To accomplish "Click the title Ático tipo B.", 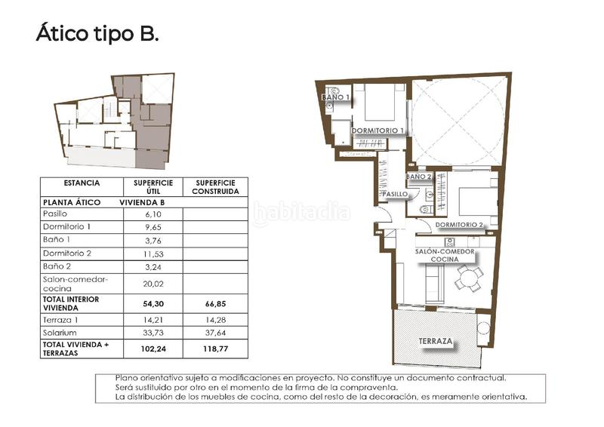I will tap(97, 35).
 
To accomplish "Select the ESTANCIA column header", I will tap(81, 183).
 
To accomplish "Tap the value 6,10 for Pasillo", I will tap(153, 214).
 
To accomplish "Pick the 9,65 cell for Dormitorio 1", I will tap(153, 226).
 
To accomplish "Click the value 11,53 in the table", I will tap(153, 253).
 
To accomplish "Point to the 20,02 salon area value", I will tap(153, 284).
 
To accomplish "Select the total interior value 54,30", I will tap(153, 303).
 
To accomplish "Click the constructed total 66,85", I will tap(214, 303).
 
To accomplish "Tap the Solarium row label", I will tap(59, 332).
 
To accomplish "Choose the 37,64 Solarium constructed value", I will tap(214, 332).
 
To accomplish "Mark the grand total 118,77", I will tap(214, 350).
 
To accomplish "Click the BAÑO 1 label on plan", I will tap(336, 97).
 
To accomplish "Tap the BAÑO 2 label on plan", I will tap(418, 177).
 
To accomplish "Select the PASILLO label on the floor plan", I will tap(395, 194).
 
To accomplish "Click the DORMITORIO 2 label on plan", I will tap(459, 225).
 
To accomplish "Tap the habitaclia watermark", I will tap(302, 214).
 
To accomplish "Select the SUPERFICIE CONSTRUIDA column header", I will tap(214, 187).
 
